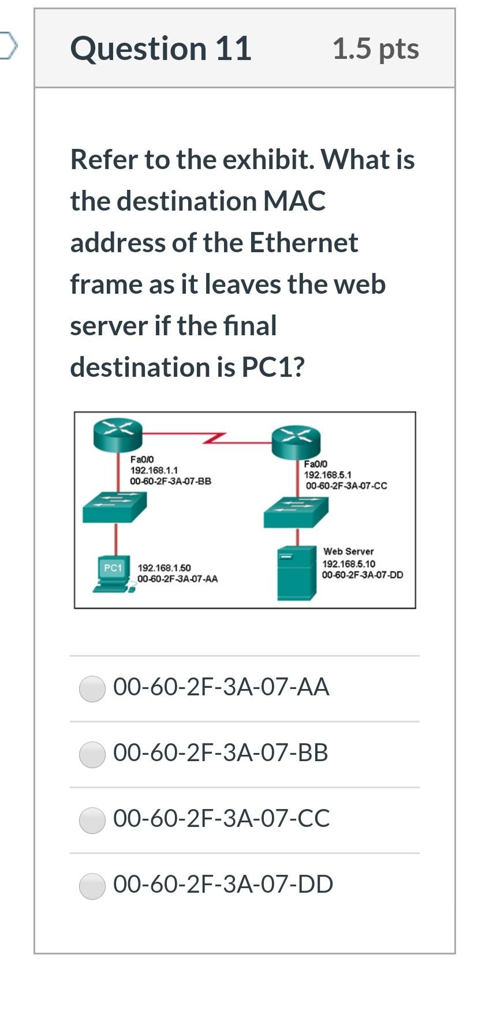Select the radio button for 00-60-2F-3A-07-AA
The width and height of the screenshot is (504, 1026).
click(92, 688)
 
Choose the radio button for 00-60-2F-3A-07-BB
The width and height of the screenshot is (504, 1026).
click(92, 754)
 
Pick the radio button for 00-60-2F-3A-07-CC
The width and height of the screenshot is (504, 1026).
click(92, 820)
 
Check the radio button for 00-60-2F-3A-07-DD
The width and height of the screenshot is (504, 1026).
click(92, 886)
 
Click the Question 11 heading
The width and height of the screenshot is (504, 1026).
click(160, 48)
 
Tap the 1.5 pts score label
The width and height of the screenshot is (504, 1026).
click(376, 48)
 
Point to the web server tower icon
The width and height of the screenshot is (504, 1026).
click(297, 572)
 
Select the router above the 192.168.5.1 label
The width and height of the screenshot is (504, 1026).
click(296, 442)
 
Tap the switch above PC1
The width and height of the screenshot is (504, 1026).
click(114, 507)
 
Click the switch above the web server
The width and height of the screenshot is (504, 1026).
click(296, 512)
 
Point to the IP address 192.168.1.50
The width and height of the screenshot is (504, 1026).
click(164, 568)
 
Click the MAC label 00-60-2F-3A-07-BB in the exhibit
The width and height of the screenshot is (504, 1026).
click(171, 481)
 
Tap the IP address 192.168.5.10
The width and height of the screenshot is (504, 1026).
click(349, 564)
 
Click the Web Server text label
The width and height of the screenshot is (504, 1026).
click(348, 552)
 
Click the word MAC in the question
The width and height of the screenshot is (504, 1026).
click(294, 201)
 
